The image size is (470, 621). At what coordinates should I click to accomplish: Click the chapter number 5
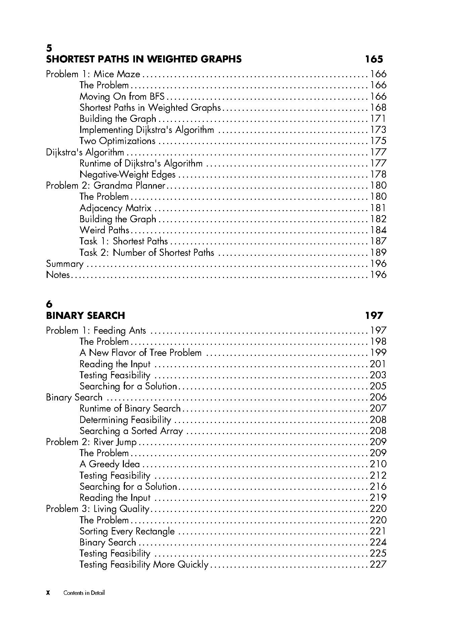tap(49, 48)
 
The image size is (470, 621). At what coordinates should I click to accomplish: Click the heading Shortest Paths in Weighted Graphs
tap(144, 59)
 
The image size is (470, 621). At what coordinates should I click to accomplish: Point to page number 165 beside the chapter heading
tap(374, 59)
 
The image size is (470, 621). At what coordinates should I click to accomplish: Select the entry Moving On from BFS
tap(122, 97)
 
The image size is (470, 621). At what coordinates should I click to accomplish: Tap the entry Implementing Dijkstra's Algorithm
tap(147, 130)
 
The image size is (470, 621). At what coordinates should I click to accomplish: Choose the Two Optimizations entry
tap(117, 141)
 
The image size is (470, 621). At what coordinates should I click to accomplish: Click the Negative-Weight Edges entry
tap(128, 175)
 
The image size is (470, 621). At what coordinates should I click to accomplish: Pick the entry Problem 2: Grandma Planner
tap(106, 186)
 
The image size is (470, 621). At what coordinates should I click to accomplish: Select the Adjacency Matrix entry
tap(115, 208)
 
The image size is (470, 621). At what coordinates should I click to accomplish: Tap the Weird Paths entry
tap(104, 230)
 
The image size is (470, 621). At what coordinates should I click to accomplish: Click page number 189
tap(378, 252)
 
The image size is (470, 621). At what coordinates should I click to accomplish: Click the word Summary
tap(64, 264)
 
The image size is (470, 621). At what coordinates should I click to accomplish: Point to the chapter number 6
tap(49, 304)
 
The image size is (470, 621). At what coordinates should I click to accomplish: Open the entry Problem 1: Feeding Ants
tap(96, 331)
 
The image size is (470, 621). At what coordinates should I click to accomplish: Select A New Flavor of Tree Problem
tap(141, 353)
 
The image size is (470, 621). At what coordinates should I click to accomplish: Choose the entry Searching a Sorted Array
tap(131, 431)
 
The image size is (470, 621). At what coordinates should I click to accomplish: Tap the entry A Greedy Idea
tap(110, 464)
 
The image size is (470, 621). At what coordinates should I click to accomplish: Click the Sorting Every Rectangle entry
tap(127, 531)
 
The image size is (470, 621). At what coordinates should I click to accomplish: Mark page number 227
tap(378, 564)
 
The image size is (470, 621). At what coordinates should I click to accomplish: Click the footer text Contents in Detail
tap(84, 593)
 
